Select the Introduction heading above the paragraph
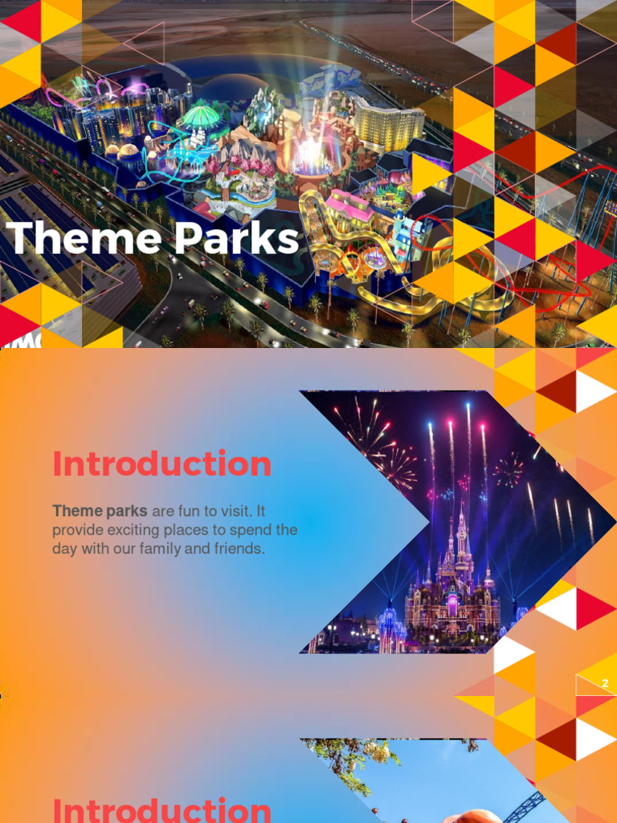click(161, 464)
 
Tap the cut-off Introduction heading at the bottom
click(161, 809)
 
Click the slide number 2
click(605, 684)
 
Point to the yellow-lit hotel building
click(388, 125)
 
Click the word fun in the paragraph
click(186, 510)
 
